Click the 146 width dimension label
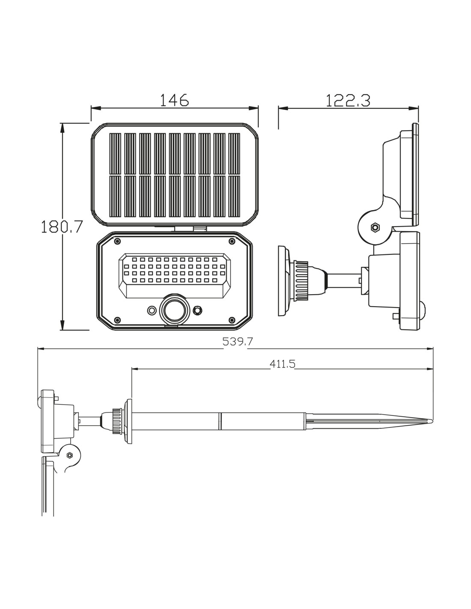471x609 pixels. point(174,100)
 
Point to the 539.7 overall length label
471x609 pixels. point(238,341)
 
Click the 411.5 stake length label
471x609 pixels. point(283,364)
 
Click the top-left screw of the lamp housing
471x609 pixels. point(117,241)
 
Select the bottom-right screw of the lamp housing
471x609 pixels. point(232,320)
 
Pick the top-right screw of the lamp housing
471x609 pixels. point(232,241)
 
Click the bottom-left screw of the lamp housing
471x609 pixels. point(117,320)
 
